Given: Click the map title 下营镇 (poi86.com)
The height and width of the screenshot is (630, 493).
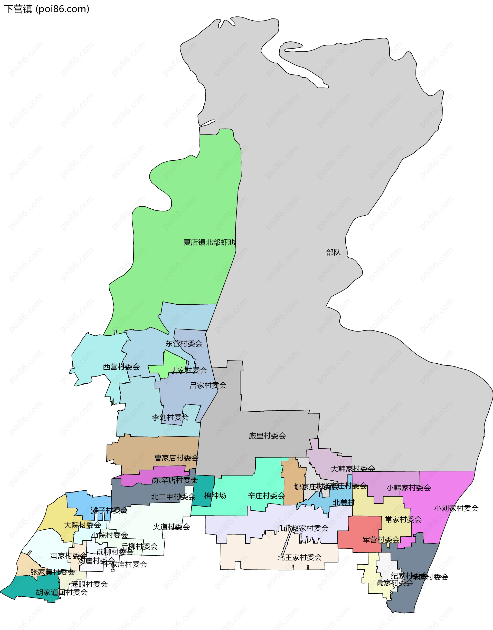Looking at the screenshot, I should (x=46, y=9).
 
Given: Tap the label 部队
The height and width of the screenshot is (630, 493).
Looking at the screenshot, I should (x=333, y=253).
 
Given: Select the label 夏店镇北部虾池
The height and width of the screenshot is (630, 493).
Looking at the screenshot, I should (x=209, y=242).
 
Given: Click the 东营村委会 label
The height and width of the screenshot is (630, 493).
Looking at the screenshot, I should (x=184, y=344).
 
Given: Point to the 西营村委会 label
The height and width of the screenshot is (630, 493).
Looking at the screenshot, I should (x=121, y=367).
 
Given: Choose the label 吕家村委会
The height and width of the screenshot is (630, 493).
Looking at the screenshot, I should (x=208, y=385).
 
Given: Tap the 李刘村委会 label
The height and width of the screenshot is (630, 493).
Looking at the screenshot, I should (x=170, y=418).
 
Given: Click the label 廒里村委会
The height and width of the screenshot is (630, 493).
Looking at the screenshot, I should (x=267, y=436).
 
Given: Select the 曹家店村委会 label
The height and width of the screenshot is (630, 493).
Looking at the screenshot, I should (x=176, y=458).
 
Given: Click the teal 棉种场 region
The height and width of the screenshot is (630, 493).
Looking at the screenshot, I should (x=203, y=490).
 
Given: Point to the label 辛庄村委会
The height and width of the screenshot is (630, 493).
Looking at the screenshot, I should (x=266, y=496).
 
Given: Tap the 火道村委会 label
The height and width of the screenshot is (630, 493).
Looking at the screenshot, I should (x=171, y=527).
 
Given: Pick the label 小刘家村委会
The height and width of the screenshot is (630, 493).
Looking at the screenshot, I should (x=456, y=508).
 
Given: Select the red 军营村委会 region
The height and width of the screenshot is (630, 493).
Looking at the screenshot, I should (x=358, y=534).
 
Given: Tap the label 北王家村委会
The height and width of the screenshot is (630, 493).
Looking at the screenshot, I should (x=299, y=557).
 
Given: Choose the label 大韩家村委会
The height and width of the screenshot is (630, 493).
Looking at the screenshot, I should (x=353, y=469).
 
